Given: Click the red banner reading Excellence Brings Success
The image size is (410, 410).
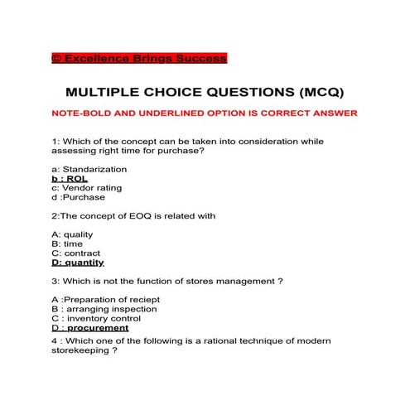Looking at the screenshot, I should (x=138, y=58).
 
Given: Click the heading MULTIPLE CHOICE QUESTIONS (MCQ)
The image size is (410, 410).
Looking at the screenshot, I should (x=204, y=92).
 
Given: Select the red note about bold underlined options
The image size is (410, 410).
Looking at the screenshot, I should (x=204, y=113).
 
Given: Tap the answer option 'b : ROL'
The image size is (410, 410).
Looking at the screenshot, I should (x=69, y=178).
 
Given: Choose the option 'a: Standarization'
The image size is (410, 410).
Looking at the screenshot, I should (x=89, y=169).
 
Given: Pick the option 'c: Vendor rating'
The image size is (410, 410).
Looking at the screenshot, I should (x=86, y=188).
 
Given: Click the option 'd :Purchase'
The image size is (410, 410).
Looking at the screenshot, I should (x=78, y=197).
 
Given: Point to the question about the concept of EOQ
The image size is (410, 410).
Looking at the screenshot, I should (x=133, y=215).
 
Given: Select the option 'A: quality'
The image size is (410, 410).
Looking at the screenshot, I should (x=72, y=234).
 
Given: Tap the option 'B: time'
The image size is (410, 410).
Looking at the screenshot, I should (x=66, y=244).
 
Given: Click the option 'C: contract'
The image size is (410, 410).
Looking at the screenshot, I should (x=75, y=253).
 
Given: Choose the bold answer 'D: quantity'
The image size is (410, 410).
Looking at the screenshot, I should (x=78, y=263).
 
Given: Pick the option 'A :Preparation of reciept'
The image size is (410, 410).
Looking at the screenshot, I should (x=105, y=299).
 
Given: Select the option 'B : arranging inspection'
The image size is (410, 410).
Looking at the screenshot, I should (x=104, y=309).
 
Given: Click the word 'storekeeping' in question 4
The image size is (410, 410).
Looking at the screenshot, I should (x=80, y=350).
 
